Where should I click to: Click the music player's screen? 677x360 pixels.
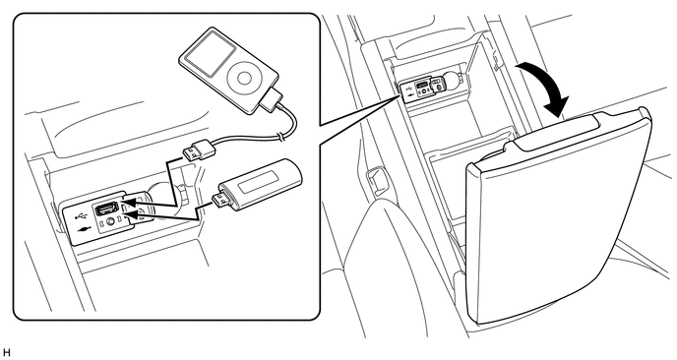click(x=207, y=55)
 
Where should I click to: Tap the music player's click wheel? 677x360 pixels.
click(x=243, y=78)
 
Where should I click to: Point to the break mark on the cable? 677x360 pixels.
click(x=281, y=137)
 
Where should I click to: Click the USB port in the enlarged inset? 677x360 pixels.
click(x=106, y=209)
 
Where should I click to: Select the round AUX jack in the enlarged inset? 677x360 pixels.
click(x=112, y=222)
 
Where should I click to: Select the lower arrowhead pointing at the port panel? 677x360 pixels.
click(x=139, y=212)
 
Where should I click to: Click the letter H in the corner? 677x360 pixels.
click(x=6, y=353)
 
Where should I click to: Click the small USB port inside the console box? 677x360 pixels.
click(x=423, y=85)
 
